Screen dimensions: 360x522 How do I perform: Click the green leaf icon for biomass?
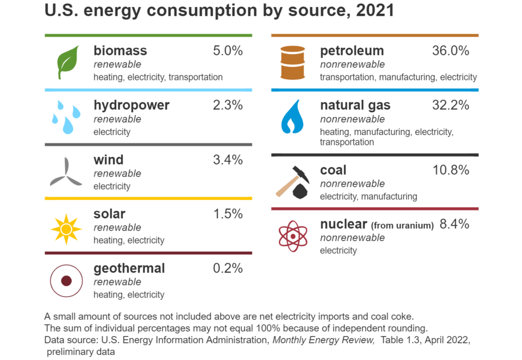tap(67, 63)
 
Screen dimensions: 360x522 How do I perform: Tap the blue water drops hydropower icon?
tap(65, 116)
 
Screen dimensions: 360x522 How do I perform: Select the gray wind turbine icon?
tap(66, 172)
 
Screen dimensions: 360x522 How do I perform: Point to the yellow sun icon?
tap(66, 229)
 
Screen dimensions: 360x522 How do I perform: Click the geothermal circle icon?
tap(66, 281)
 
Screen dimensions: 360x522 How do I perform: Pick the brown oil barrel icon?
tap(292, 63)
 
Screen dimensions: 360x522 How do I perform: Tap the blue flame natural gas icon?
tap(292, 117)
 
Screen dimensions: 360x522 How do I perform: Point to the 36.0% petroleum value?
tap(450, 51)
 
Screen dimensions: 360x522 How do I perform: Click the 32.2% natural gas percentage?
tap(450, 106)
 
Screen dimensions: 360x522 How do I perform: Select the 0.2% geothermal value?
tap(228, 268)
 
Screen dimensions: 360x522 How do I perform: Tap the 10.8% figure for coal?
tap(450, 170)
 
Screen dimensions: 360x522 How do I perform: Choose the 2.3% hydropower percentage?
tap(228, 106)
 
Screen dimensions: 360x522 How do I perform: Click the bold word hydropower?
tap(132, 106)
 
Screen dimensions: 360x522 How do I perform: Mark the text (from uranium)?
tap(402, 226)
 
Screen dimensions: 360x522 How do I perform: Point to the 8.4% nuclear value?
tap(454, 224)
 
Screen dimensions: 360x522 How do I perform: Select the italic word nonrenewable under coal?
tap(352, 184)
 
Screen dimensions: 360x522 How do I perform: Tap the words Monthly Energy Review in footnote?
tap(324, 340)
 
